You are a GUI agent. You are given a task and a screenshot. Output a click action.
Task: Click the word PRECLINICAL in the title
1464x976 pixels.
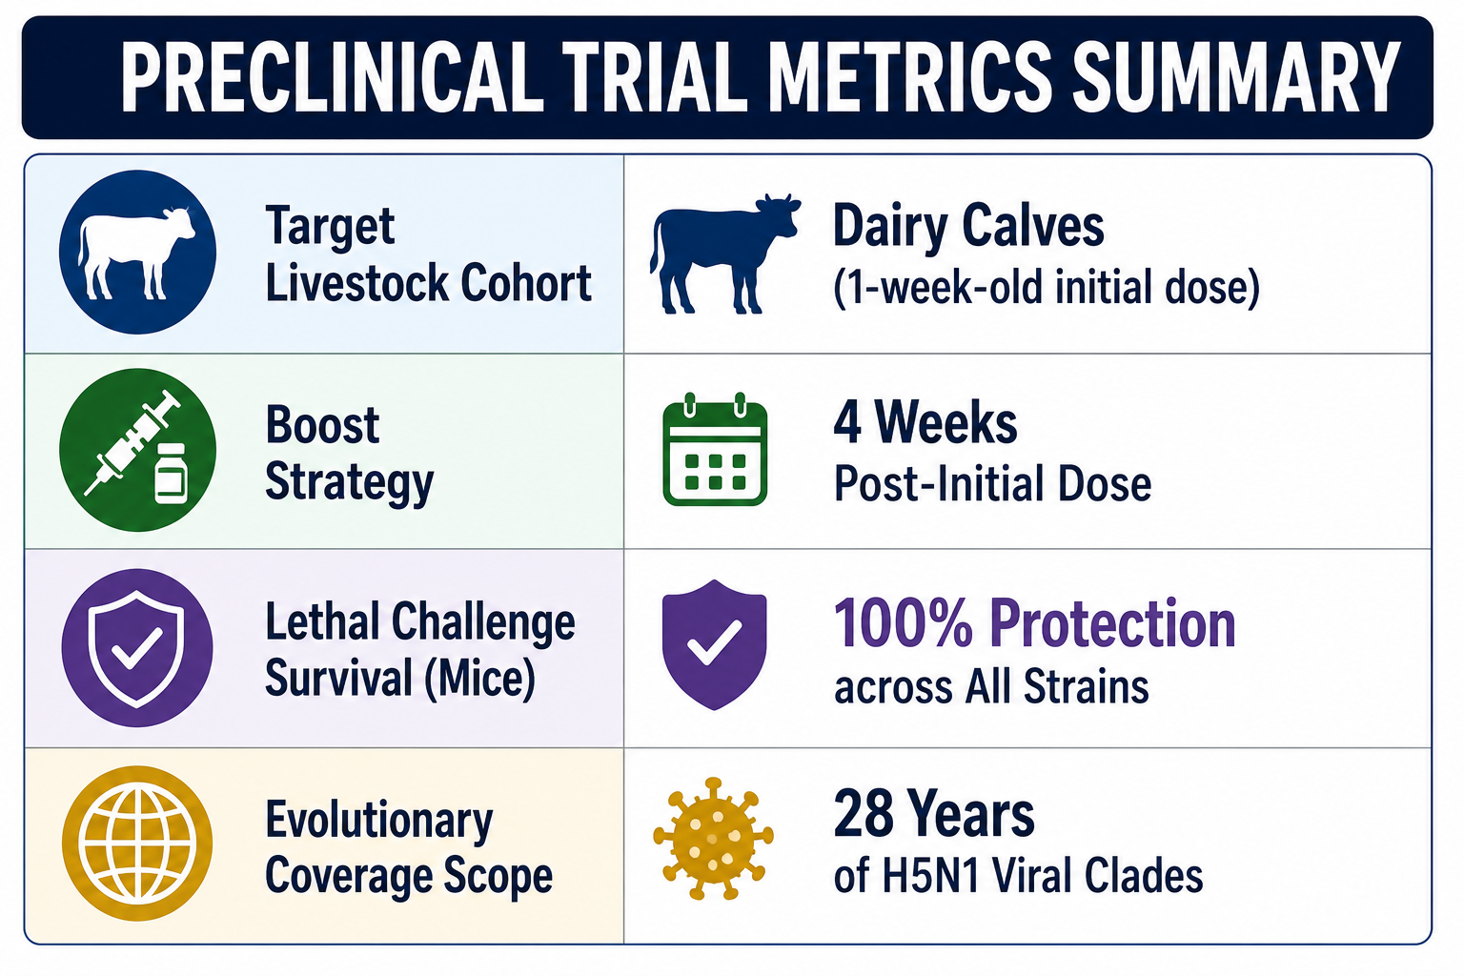333,77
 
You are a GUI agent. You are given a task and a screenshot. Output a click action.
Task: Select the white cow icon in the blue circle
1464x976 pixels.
136,254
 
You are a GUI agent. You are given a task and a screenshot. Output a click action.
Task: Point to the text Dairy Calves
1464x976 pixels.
968,226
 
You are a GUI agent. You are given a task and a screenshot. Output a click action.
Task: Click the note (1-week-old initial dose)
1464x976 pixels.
1046,288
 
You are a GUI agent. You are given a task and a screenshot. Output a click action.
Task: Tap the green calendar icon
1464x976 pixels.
714,449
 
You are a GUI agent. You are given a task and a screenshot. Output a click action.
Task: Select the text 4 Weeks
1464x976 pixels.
925,422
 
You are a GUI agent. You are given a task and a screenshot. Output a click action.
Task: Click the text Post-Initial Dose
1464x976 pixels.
992,484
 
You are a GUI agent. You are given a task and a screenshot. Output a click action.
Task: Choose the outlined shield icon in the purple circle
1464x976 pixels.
136,648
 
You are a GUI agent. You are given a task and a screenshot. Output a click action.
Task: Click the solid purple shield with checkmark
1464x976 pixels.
714,644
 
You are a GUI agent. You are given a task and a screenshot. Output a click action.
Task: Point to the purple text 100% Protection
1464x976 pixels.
1034,623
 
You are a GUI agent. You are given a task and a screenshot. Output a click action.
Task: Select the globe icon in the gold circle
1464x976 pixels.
136,844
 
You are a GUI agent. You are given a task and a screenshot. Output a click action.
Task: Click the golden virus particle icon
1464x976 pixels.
713,839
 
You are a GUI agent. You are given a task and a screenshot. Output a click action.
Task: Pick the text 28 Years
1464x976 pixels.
934,814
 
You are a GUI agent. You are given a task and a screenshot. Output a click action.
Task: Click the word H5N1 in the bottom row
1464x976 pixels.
930,875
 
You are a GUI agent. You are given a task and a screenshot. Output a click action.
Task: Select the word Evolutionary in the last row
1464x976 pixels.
378,822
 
